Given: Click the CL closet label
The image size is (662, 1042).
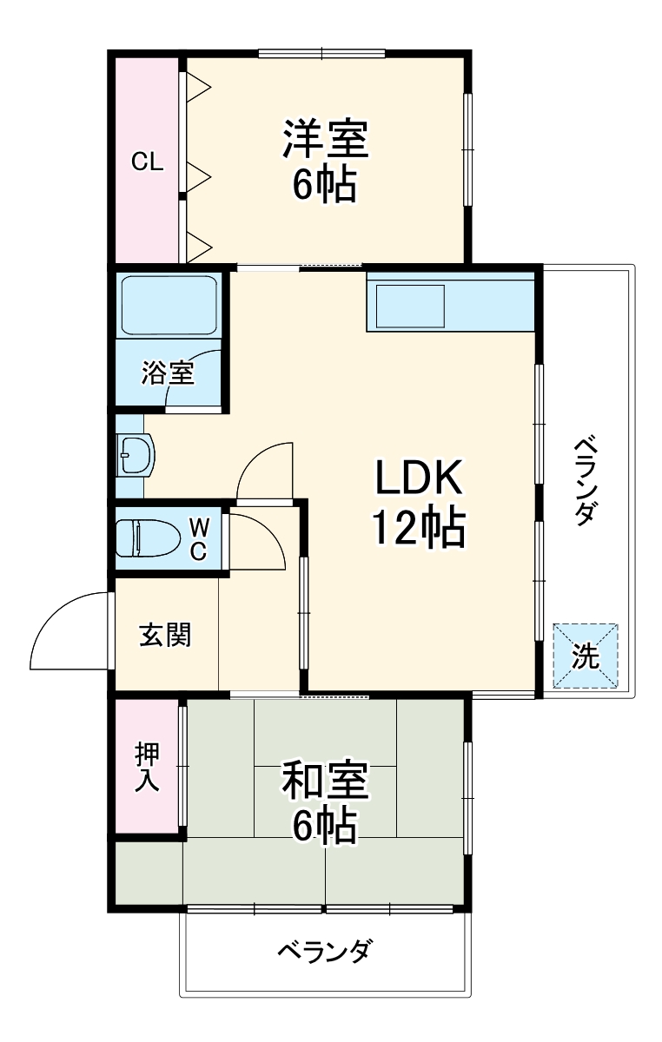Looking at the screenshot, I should tap(147, 162).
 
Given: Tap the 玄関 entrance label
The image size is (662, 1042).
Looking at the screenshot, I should tap(165, 635).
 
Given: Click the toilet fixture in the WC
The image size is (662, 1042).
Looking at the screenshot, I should tap(142, 537).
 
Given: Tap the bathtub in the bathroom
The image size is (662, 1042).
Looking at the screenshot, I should tap(169, 305).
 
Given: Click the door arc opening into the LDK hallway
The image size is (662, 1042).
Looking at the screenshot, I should tap(264, 470).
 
